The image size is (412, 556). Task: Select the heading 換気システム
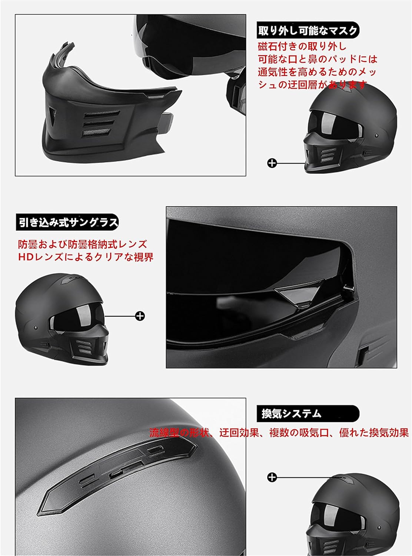pyautogui.click(x=292, y=414)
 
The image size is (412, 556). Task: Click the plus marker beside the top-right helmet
pyautogui.click(x=272, y=163)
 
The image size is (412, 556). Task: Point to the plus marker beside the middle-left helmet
pyautogui.click(x=140, y=316)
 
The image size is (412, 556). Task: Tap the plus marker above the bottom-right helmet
pyautogui.click(x=272, y=477)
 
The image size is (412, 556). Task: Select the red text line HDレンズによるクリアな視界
pyautogui.click(x=86, y=257)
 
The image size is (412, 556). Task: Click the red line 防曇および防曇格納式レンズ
pyautogui.click(x=83, y=245)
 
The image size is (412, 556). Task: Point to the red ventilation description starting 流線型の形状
pyautogui.click(x=279, y=433)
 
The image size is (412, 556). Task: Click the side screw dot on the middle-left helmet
pyautogui.click(x=34, y=328)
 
